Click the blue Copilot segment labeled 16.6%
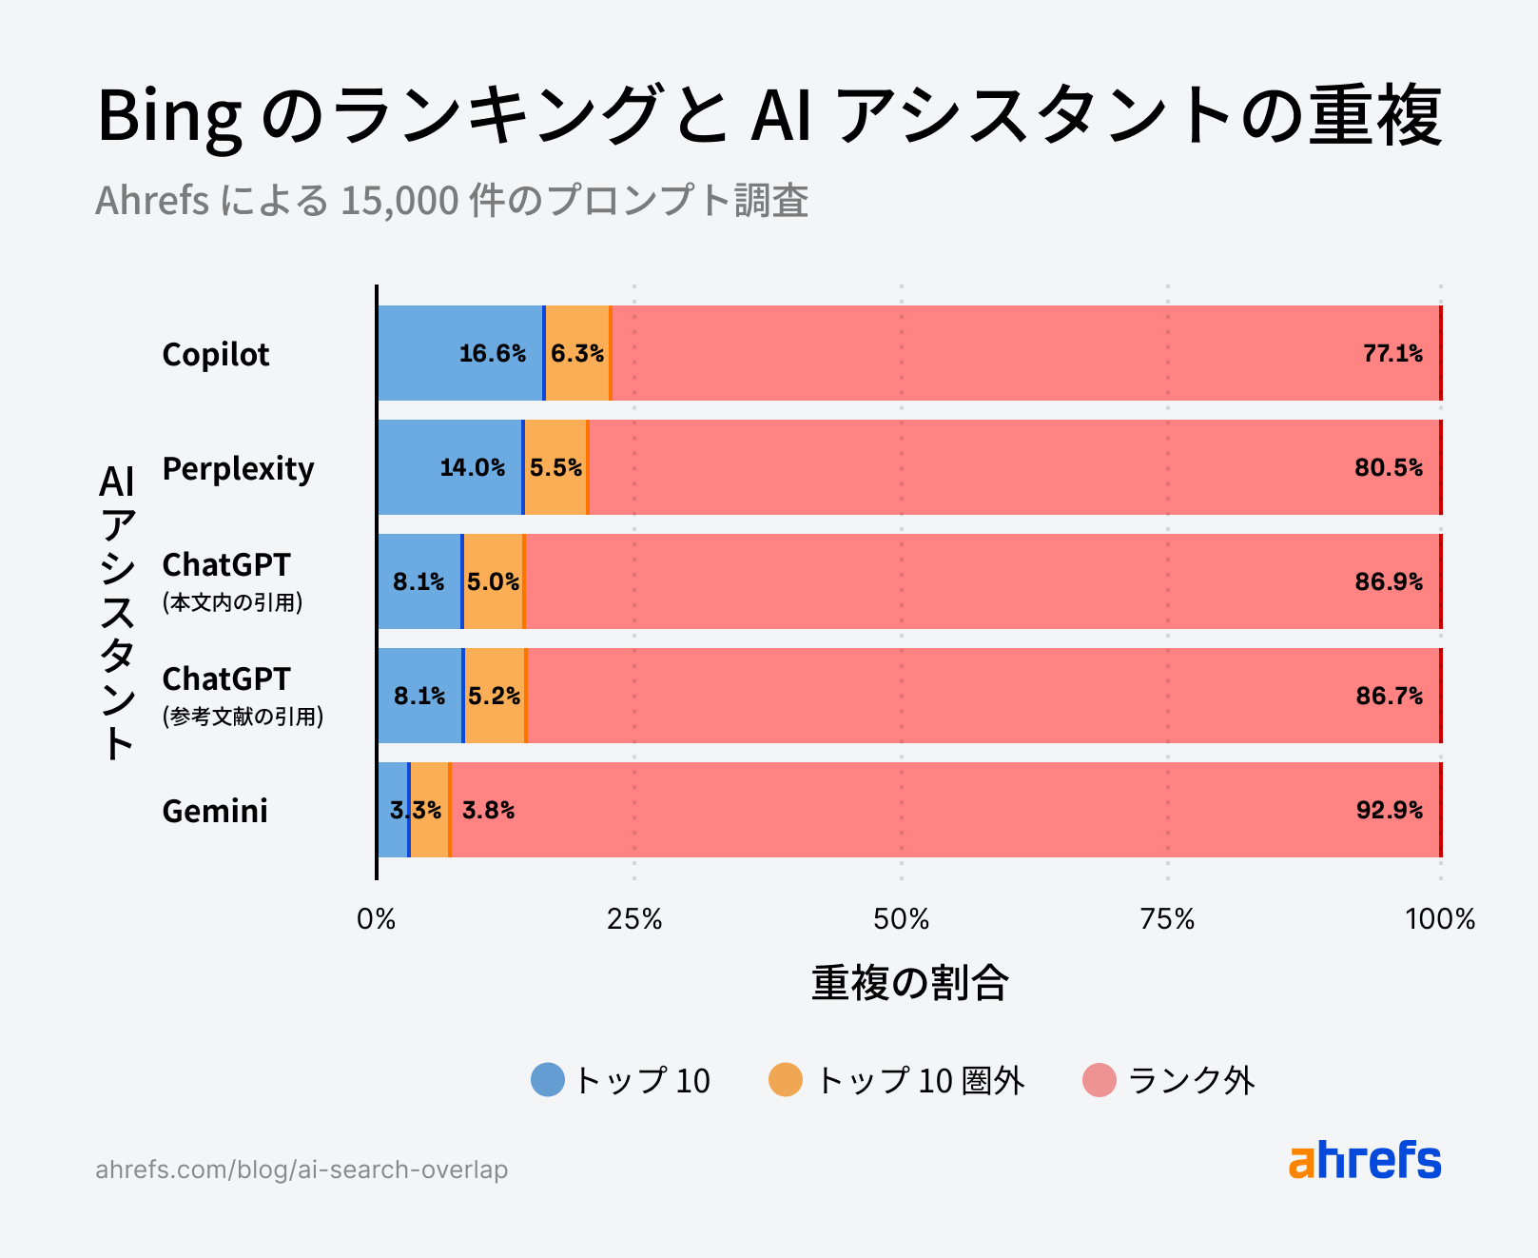pyautogui.click(x=461, y=353)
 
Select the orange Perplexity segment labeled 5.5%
pyautogui.click(x=555, y=467)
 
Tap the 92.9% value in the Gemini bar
pyautogui.click(x=1389, y=810)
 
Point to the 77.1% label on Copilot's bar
pyautogui.click(x=1392, y=353)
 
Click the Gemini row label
pyautogui.click(x=215, y=811)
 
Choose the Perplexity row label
pyautogui.click(x=238, y=468)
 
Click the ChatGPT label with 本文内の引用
pyautogui.click(x=226, y=565)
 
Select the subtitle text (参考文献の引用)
pyautogui.click(x=243, y=717)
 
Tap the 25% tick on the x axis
pyautogui.click(x=634, y=919)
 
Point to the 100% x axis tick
pyautogui.click(x=1440, y=919)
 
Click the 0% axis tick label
pyautogui.click(x=376, y=919)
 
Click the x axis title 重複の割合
pyautogui.click(x=909, y=983)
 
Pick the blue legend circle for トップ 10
pyautogui.click(x=548, y=1080)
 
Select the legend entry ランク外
pyautogui.click(x=1190, y=1080)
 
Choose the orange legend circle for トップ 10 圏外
pyautogui.click(x=786, y=1080)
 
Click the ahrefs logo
pyautogui.click(x=1365, y=1160)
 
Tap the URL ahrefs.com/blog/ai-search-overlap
pyautogui.click(x=302, y=1170)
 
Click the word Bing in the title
pyautogui.click(x=169, y=116)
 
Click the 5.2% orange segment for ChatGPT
pyautogui.click(x=495, y=696)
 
